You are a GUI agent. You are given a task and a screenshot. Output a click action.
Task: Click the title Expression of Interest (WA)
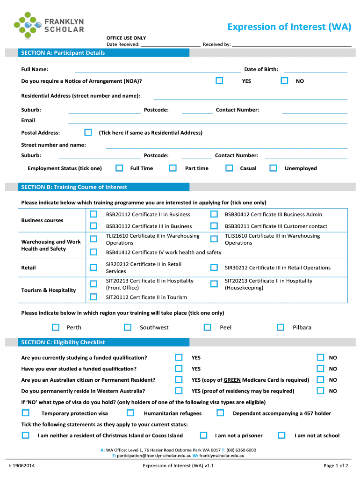coord(289,27)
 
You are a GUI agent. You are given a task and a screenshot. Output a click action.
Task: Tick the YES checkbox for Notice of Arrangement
coord(219,81)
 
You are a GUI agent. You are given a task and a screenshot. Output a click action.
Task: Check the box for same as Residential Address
coord(88,132)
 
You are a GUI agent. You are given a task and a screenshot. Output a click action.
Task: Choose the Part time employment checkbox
coord(173,168)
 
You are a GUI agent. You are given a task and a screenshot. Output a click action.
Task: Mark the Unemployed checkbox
coord(273,168)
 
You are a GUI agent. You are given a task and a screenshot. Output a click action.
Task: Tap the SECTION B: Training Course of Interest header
coord(74,187)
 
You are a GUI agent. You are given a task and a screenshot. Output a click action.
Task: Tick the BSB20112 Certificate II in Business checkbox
coord(94,214)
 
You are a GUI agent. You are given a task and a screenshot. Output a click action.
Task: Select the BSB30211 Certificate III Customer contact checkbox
coord(214,226)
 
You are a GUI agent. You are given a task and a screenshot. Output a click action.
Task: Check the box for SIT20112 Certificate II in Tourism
coord(94,297)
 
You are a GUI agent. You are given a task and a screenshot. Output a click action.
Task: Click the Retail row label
coord(29,268)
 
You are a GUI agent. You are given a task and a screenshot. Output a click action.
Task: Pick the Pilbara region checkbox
coord(281,327)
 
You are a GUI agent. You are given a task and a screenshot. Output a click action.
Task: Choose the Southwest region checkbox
coord(128,327)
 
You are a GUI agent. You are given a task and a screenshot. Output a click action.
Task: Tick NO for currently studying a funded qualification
coord(321,357)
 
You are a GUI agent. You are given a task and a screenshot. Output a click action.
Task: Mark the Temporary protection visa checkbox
coord(25,413)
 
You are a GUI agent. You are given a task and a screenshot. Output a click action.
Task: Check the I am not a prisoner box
coord(203,435)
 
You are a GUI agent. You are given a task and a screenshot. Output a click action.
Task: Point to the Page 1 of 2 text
coord(335,465)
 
